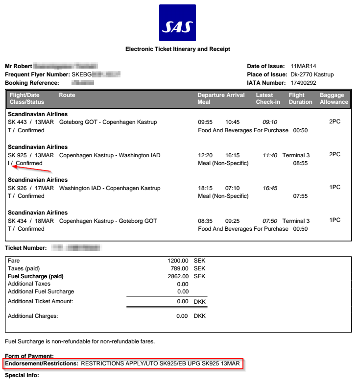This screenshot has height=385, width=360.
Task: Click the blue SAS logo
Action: pyautogui.click(x=177, y=23)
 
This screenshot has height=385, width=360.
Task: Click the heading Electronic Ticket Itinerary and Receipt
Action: pyautogui.click(x=178, y=49)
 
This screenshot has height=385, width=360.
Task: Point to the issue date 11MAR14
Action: pyautogui.click(x=303, y=66)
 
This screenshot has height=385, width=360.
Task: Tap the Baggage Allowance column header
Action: pyautogui.click(x=334, y=98)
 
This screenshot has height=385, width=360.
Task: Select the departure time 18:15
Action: pyautogui.click(x=205, y=188)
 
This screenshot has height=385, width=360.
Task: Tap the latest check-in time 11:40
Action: pyautogui.click(x=270, y=155)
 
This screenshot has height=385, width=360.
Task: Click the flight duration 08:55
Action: pyautogui.click(x=300, y=163)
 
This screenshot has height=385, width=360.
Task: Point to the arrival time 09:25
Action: pyautogui.click(x=232, y=221)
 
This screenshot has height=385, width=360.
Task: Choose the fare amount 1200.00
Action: pyautogui.click(x=178, y=261)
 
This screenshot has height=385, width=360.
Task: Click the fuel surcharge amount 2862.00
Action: pyautogui.click(x=178, y=276)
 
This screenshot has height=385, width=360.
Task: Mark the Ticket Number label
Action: pyautogui.click(x=26, y=248)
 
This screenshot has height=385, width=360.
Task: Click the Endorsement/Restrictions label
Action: pyautogui.click(x=42, y=364)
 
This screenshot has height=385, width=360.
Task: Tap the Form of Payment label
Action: pyautogui.click(x=29, y=356)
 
